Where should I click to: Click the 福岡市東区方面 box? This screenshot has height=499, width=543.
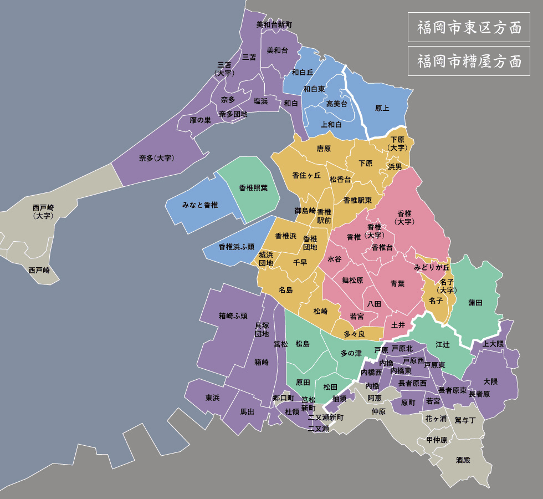pos(469,27)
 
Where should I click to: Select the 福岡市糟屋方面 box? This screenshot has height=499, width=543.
pos(469,61)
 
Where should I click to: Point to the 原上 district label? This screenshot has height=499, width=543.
pos(382,108)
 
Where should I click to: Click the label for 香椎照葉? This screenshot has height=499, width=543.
pos(253,188)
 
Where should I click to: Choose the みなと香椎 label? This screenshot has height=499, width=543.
pos(200,205)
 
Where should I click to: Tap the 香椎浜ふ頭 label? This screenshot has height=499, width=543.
pos(237,247)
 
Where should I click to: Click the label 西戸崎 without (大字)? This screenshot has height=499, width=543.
pos(39,271)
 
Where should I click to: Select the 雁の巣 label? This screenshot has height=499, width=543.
pos(201,120)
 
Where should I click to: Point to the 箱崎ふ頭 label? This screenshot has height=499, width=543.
pos(233,316)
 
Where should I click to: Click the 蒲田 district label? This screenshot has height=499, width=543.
pos(475,303)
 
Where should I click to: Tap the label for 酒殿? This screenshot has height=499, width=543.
pos(463,460)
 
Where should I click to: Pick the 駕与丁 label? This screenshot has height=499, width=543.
pos(465,420)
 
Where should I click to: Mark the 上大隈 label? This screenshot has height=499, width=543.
pos(493,344)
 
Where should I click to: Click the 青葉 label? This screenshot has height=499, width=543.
pos(397,283)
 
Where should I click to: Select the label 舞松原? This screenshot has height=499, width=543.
pos(352,281)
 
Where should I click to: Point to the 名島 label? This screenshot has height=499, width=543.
pos(285,290)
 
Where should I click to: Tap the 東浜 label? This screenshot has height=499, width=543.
pos(212,398)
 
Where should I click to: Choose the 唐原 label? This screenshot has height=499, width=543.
pos(324,149)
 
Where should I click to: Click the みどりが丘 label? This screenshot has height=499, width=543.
pos(432,267)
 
